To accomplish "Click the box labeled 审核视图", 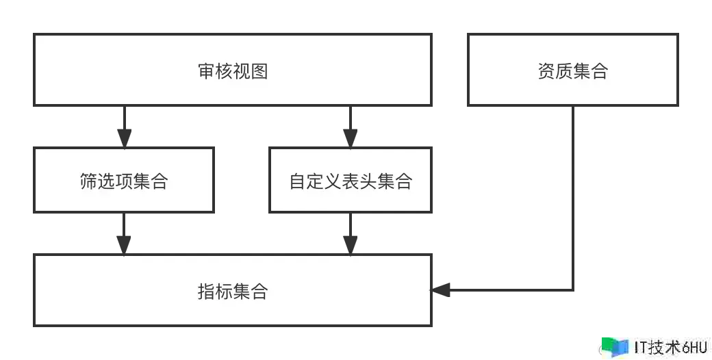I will tap(233, 70).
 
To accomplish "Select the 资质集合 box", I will tap(572, 70).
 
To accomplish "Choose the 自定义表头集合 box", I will tap(351, 181).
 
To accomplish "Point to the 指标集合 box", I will tap(233, 290).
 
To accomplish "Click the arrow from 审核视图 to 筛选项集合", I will tap(123, 126).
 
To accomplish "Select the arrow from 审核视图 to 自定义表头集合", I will tap(351, 126).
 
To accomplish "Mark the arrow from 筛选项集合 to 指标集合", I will tap(123, 234).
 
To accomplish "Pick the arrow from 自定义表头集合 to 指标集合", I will tap(351, 234).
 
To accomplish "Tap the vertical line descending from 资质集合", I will tap(572, 198).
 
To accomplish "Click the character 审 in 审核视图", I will tap(207, 71).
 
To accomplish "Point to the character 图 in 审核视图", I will tap(259, 71).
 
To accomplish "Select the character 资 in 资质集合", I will tap(546, 71).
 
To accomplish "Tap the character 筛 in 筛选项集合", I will tap(88, 182).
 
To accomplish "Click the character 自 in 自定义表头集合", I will tap(298, 182).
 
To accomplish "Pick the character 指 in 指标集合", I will tap(207, 291).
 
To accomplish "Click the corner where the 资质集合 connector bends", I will tap(572, 290).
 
